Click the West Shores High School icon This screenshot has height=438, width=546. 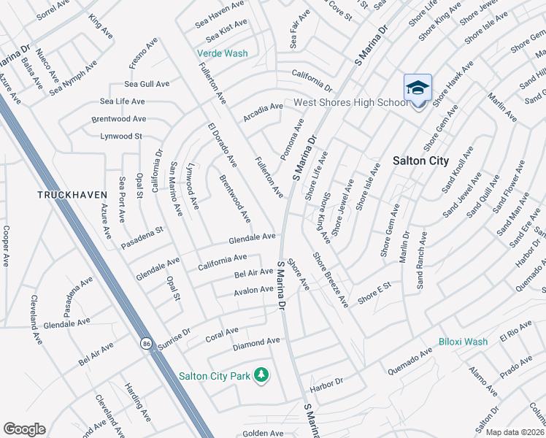coord(418,88)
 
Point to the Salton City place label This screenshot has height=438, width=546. coord(420,161)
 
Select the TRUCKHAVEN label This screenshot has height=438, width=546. coord(73,195)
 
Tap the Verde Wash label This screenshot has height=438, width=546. coord(222,53)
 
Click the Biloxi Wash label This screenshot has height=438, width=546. coord(463,342)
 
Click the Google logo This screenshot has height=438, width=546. coord(24,429)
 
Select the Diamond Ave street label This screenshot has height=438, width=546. coord(256,342)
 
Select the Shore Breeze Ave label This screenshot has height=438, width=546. coord(330,278)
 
